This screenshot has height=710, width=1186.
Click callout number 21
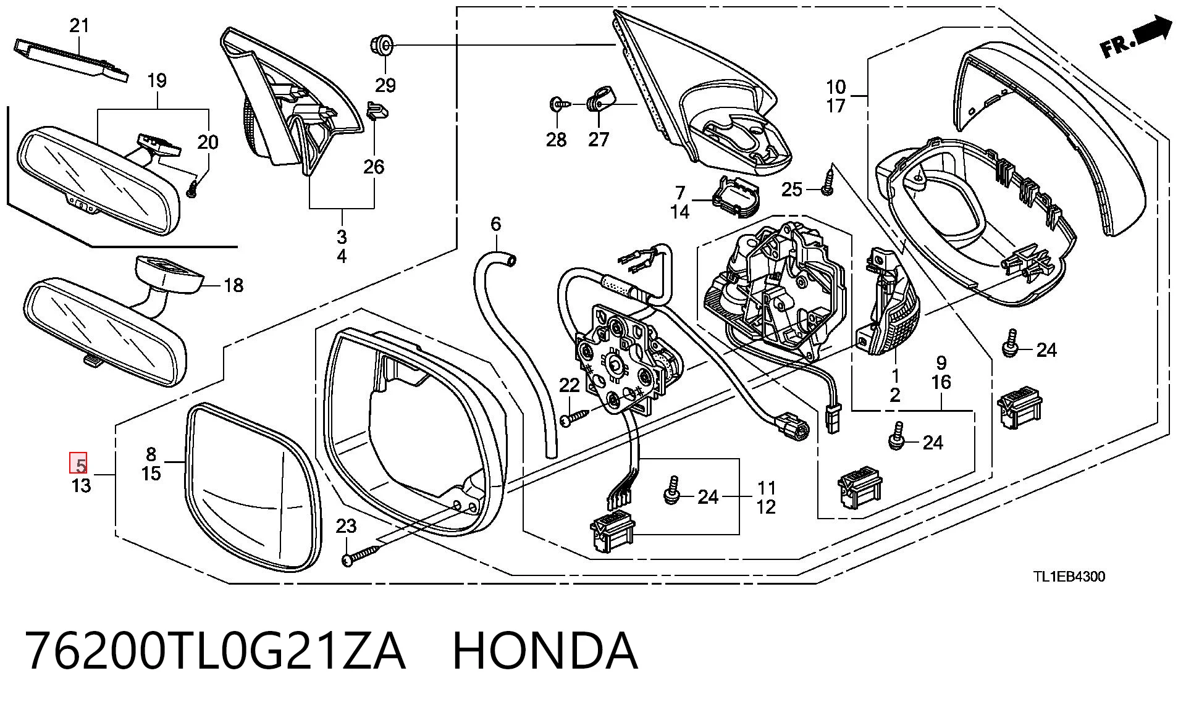pyautogui.click(x=79, y=26)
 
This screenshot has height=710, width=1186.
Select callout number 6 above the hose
pyautogui.click(x=495, y=223)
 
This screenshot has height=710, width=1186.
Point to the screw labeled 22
pyautogui.click(x=575, y=417)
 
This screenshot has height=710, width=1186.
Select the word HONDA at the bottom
pyautogui.click(x=545, y=651)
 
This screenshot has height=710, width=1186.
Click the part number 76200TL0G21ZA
pyautogui.click(x=216, y=651)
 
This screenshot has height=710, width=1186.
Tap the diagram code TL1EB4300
pyautogui.click(x=1070, y=577)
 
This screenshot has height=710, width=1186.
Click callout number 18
pyautogui.click(x=233, y=285)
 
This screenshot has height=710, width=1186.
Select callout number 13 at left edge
pyautogui.click(x=81, y=485)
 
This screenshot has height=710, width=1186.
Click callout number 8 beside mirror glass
pyautogui.click(x=151, y=454)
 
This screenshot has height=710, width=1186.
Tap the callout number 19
pyautogui.click(x=157, y=80)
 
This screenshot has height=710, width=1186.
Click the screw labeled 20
pyautogui.click(x=193, y=189)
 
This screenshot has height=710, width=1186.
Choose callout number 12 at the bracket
pyautogui.click(x=765, y=507)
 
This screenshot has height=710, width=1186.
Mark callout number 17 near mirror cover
pyautogui.click(x=836, y=106)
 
